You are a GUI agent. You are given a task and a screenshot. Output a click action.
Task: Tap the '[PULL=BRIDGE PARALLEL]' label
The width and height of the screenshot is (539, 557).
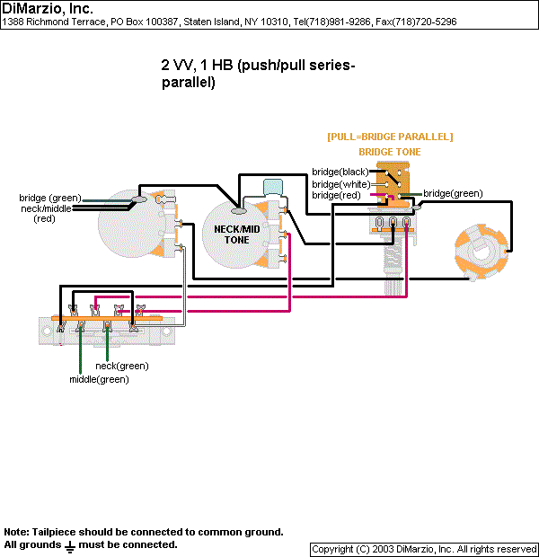390,137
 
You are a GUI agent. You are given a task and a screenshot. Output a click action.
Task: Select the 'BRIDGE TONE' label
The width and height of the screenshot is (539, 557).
390,152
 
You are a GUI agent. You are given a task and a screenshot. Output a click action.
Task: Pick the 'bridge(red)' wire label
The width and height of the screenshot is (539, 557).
337,195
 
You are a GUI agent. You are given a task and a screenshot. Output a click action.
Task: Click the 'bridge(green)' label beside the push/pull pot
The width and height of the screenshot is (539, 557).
453,193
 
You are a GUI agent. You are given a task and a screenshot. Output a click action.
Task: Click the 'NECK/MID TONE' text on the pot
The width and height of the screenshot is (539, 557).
237,234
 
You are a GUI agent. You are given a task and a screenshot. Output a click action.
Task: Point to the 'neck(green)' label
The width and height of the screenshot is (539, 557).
122,366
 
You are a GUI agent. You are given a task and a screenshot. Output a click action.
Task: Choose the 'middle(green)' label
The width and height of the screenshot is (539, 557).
99,379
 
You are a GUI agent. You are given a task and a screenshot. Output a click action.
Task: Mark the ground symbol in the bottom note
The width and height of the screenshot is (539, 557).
69,545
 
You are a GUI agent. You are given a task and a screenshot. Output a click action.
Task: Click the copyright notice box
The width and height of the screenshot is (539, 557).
424,549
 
